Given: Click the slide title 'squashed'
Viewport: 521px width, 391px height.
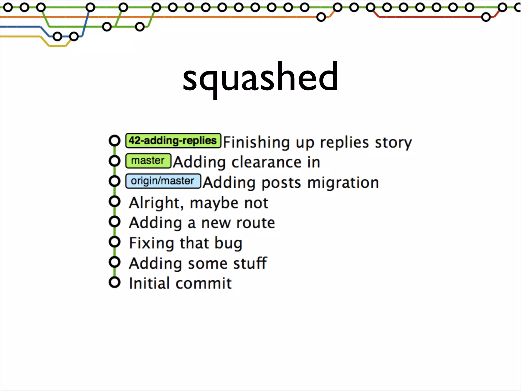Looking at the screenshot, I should coord(260,78).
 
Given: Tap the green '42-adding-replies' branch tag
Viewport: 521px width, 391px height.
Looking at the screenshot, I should coord(173,141).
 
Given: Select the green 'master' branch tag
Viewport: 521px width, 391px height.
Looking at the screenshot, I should coord(148,161).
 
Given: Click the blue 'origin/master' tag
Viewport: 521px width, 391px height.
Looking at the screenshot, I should coord(163,181).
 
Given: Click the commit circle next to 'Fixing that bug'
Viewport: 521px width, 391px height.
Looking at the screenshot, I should coord(114,242).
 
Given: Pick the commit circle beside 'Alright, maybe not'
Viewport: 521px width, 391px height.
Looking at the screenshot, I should coord(114,202).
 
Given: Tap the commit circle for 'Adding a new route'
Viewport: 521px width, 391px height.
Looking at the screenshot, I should coord(114,222).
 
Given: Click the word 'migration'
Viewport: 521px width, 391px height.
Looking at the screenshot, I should coord(343,183).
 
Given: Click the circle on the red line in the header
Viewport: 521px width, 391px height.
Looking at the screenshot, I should coord(486,17).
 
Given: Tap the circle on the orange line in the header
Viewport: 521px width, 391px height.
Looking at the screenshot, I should coord(321,17).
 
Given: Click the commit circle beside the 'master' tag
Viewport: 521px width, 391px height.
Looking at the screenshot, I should coord(114,161).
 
